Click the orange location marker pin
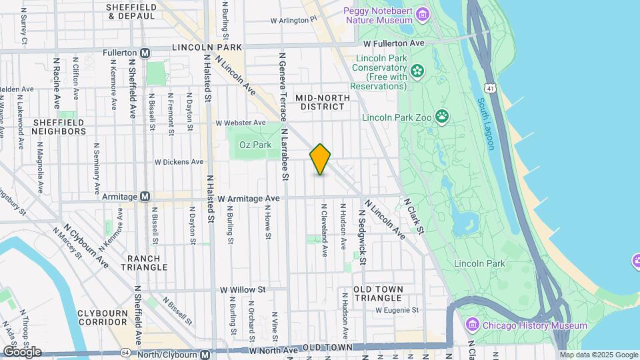(321, 159)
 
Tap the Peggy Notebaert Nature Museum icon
(421, 14)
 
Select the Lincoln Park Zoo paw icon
(442, 117)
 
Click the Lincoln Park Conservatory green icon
(418, 70)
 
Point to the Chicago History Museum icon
(473, 325)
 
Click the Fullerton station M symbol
(145, 52)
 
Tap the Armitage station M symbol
(145, 197)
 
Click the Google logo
(22, 351)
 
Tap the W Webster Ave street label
(240, 123)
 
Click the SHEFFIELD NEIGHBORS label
(59, 127)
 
